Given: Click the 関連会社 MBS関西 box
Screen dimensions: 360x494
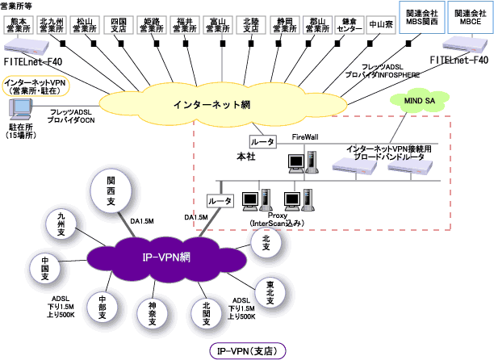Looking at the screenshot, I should pyautogui.click(x=421, y=18).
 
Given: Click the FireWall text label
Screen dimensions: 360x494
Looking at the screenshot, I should pyautogui.click(x=304, y=138).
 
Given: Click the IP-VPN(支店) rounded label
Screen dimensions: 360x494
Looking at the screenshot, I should pyautogui.click(x=246, y=351).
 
